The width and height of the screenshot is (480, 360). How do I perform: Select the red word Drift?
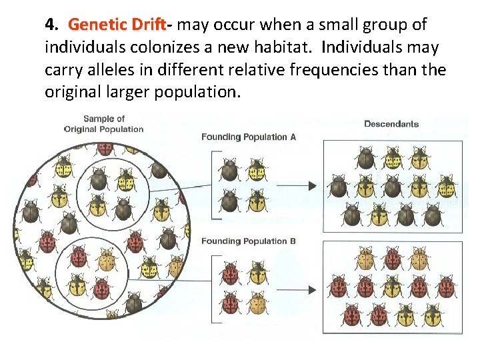(x=149, y=25)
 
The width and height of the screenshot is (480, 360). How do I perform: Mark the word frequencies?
(x=347, y=70)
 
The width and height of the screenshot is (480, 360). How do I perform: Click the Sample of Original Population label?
(x=104, y=124)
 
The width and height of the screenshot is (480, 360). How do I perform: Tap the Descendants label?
(x=391, y=123)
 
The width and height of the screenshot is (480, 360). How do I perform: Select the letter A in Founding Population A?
(x=293, y=137)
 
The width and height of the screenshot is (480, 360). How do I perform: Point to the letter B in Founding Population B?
(x=293, y=241)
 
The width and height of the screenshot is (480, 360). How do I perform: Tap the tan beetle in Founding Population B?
(x=257, y=301)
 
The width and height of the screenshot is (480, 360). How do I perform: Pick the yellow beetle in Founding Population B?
(x=257, y=273)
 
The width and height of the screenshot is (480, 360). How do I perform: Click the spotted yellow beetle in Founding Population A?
(x=257, y=169)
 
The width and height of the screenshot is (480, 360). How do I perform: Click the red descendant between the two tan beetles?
(x=392, y=258)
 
